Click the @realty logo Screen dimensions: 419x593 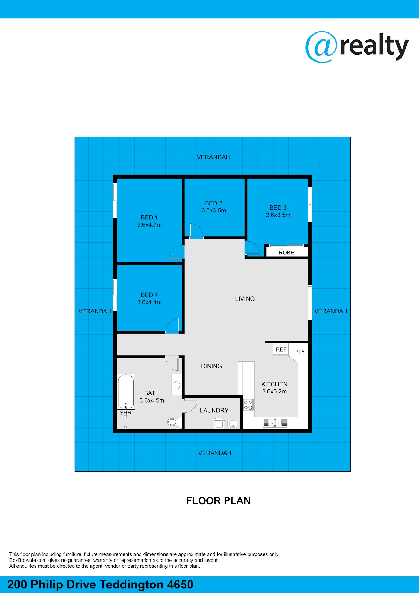[x=357, y=47]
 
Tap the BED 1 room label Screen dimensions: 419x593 [x=149, y=217]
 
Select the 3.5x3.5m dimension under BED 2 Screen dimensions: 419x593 [x=214, y=210]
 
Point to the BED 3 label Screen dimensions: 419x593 [x=278, y=208]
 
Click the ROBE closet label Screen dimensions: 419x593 [x=286, y=253]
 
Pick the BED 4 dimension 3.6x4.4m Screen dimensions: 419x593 [x=149, y=302]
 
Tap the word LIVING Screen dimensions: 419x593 [x=245, y=299]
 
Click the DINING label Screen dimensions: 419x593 [x=212, y=366]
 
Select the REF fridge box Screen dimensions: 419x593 [x=281, y=350]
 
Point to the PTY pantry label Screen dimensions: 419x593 [x=300, y=352]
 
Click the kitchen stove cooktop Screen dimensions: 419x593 [x=248, y=405]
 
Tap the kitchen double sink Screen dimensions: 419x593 [x=275, y=423]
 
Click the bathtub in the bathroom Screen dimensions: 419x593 [x=126, y=391]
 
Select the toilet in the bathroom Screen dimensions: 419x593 [x=175, y=422]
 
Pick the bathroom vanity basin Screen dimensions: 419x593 [x=177, y=385]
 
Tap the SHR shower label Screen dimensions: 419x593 [x=125, y=412]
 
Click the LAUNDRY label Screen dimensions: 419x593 [x=214, y=410]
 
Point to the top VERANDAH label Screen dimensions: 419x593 [x=213, y=157]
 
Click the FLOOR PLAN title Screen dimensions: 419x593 [x=218, y=501]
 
